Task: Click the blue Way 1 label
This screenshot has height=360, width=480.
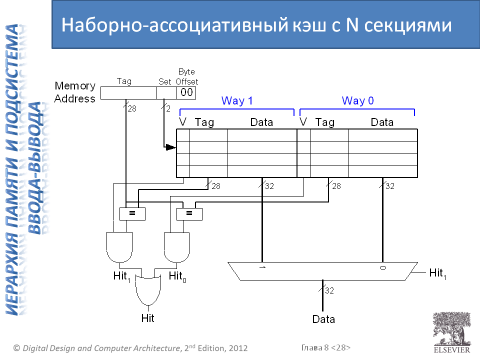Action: (x=237, y=101)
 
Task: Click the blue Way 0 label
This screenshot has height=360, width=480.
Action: (x=357, y=101)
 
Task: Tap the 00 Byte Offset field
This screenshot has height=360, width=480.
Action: (x=186, y=92)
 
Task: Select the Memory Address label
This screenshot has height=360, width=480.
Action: (x=74, y=92)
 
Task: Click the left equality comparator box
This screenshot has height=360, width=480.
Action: (x=132, y=213)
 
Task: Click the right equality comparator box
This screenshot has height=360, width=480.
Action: (x=189, y=213)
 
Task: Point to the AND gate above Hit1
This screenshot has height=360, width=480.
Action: (x=119, y=246)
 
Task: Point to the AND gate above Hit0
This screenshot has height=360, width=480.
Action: (x=177, y=246)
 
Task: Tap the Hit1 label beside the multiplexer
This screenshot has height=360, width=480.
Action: (x=438, y=273)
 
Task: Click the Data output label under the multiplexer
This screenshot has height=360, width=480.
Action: (x=323, y=319)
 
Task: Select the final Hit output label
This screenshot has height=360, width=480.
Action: (x=148, y=318)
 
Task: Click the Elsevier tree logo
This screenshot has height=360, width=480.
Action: (x=451, y=329)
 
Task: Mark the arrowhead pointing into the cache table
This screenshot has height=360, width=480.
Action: (x=171, y=147)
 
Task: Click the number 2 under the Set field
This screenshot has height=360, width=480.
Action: (x=168, y=107)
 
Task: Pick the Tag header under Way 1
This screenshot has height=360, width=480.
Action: (x=204, y=122)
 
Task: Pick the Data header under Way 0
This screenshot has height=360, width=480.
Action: (x=382, y=122)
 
